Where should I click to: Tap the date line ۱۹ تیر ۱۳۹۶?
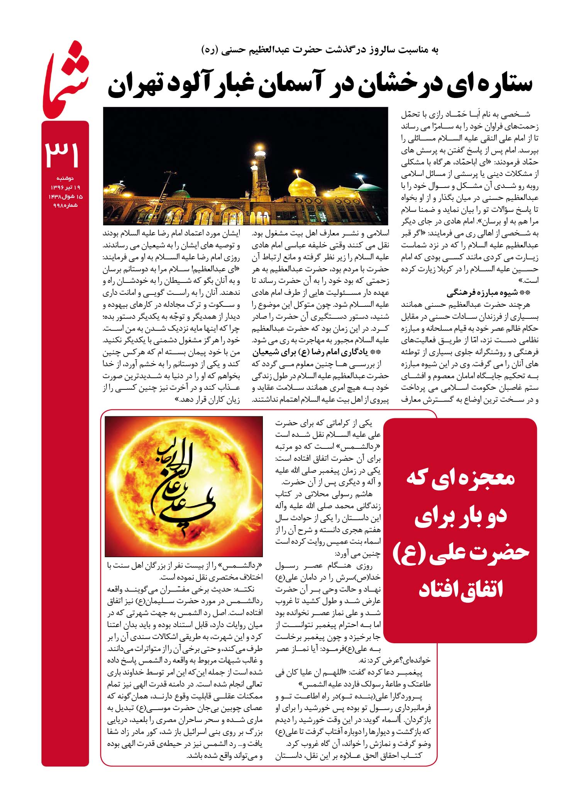tap(65, 187)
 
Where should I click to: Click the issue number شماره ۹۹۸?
tap(65, 205)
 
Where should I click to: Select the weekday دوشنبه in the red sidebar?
tap(65, 178)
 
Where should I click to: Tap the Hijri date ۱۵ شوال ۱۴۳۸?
tap(65, 196)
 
